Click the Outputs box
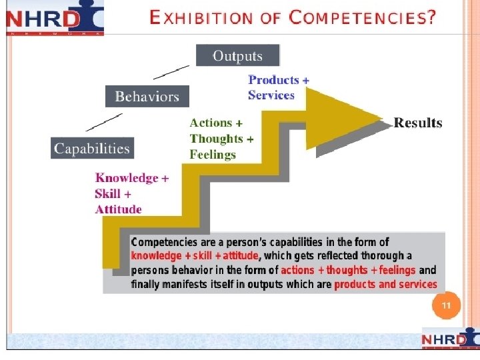(238, 56)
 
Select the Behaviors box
(147, 97)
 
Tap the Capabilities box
(92, 148)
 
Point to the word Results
(418, 123)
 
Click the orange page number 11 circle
(446, 307)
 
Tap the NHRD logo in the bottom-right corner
(449, 340)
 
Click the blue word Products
(273, 80)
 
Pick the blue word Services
(271, 95)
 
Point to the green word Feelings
(213, 155)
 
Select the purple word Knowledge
(127, 178)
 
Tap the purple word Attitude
(118, 209)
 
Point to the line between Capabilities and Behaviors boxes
(105, 121)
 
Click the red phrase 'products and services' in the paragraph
(385, 285)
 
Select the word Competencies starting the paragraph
(163, 242)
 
